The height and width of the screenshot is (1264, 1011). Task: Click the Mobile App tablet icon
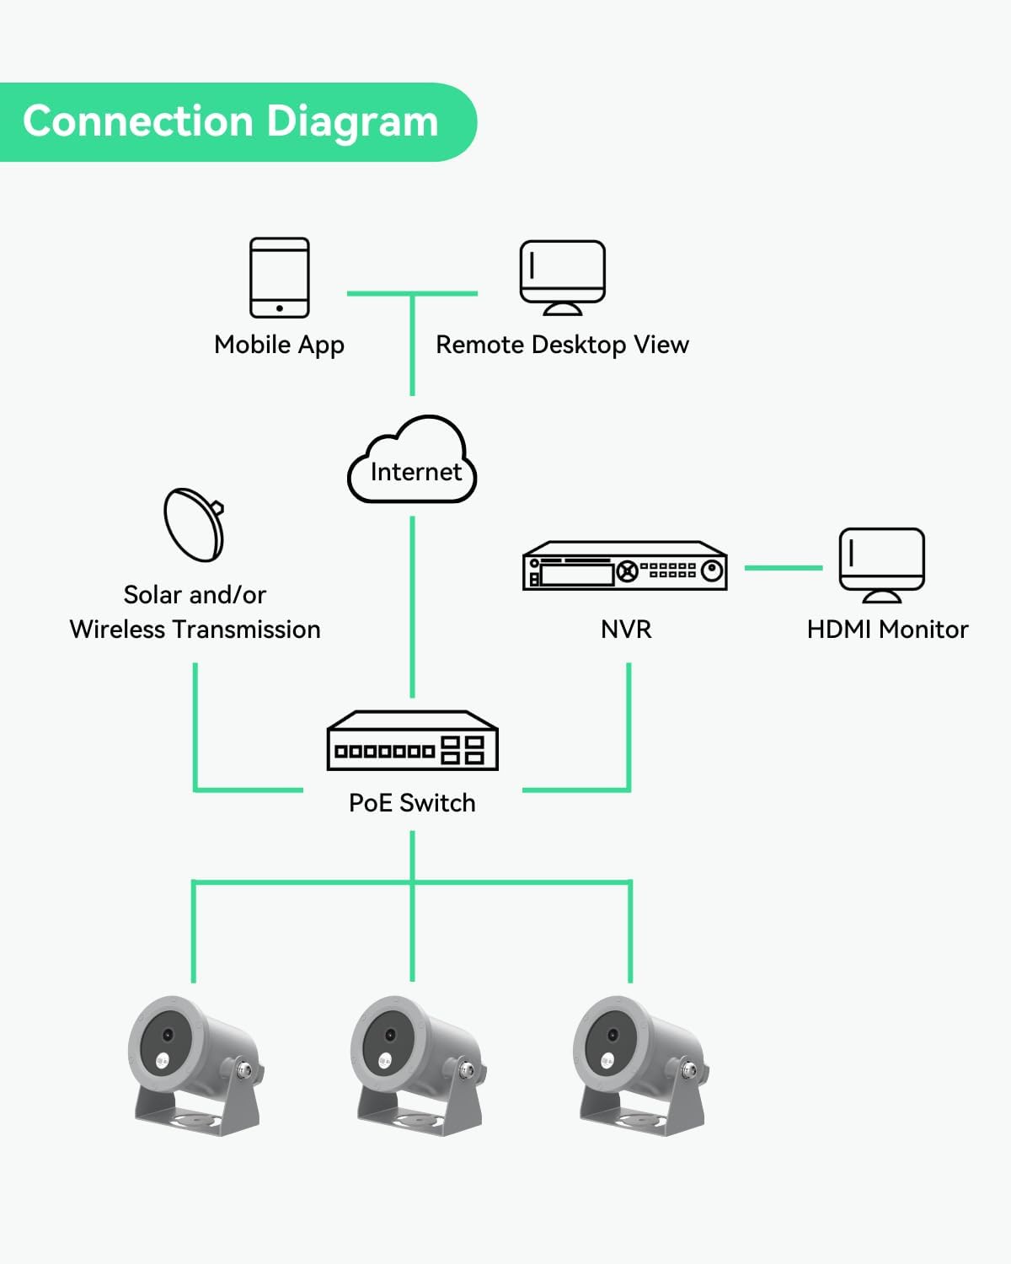(280, 277)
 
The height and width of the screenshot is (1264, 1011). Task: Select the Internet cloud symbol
(413, 462)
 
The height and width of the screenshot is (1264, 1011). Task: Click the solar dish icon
(195, 524)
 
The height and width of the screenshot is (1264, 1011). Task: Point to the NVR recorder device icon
(625, 565)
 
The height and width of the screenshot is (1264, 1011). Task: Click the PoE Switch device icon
(412, 741)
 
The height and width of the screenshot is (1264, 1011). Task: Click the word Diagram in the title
(354, 122)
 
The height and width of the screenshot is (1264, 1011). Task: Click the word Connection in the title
(138, 121)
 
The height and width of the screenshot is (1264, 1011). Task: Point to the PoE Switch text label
(412, 803)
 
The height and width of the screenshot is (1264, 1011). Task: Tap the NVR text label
(626, 629)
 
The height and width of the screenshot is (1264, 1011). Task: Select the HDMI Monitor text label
(887, 629)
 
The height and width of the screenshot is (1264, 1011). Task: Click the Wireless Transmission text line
(195, 629)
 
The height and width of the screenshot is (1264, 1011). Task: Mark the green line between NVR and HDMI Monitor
(784, 568)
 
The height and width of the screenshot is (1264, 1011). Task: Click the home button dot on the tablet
(280, 308)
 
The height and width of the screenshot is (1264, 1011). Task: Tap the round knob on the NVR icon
(713, 570)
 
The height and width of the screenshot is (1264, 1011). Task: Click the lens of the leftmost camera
(168, 1035)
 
